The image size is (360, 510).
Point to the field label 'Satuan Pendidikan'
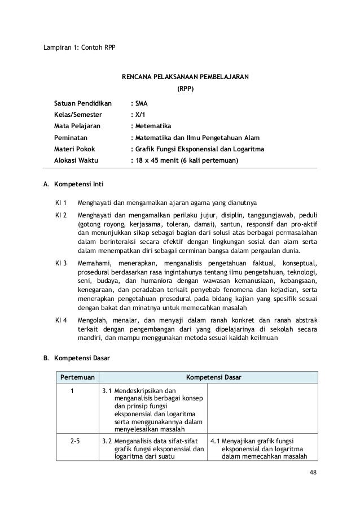pyautogui.click(x=82, y=104)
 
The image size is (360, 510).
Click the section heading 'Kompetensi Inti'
pyautogui.click(x=77, y=184)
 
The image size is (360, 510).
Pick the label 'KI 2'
pyautogui.click(x=61, y=216)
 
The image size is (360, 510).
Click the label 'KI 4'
pyautogui.click(x=61, y=320)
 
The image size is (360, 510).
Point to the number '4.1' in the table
pyautogui.click(x=215, y=442)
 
